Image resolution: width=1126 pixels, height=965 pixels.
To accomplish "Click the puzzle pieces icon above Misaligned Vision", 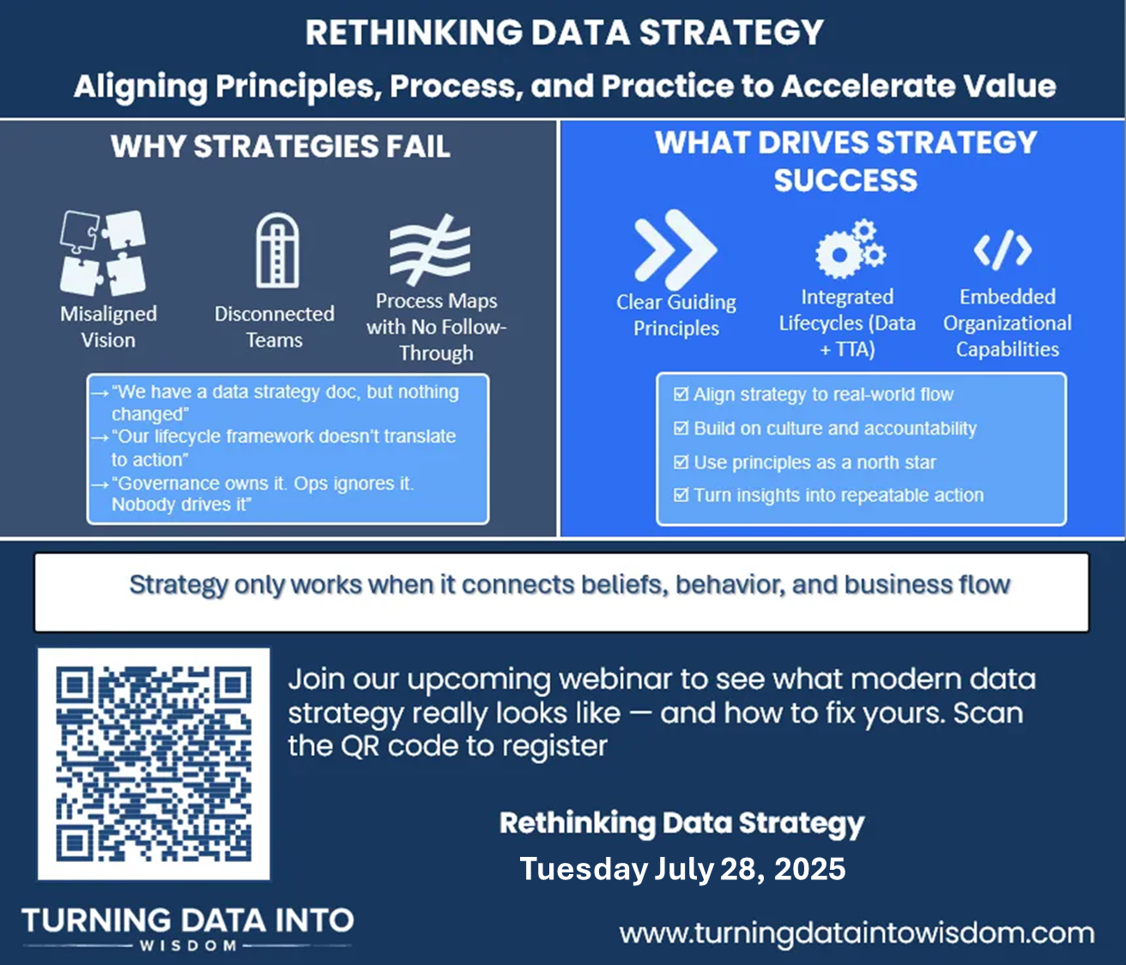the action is tap(102, 253).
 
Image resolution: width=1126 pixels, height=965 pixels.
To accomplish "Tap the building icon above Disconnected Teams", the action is tap(278, 250).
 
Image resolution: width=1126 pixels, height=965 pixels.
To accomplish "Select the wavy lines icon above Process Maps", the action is tap(430, 250).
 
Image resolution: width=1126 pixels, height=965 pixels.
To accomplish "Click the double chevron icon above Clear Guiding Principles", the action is tap(675, 250).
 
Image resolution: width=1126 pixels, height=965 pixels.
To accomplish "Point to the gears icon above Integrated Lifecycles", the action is tap(851, 249).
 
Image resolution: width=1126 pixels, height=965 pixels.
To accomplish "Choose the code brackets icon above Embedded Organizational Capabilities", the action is tap(1003, 250).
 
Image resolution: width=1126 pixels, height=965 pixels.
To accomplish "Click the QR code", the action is tap(154, 764).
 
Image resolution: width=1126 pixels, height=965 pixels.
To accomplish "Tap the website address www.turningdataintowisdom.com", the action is tap(857, 933).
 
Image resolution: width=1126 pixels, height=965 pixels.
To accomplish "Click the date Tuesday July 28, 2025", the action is tap(682, 868).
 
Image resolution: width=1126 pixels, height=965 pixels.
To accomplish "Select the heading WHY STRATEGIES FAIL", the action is tap(281, 146).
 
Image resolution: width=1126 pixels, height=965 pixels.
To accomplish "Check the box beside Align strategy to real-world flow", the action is tap(681, 394).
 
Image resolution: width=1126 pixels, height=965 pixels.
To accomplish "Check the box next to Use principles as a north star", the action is tap(681, 461).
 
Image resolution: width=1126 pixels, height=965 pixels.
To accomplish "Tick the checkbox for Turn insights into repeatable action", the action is tap(681, 494).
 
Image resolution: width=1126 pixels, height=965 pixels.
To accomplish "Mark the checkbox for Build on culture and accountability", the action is tap(681, 428).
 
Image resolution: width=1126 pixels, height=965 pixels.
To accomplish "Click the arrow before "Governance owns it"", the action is tap(100, 484).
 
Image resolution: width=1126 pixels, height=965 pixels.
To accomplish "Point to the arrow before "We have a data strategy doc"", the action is tap(100, 393).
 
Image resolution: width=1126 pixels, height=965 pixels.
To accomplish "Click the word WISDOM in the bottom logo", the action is tap(188, 945).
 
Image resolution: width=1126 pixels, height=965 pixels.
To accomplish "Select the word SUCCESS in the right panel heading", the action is tap(846, 180).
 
